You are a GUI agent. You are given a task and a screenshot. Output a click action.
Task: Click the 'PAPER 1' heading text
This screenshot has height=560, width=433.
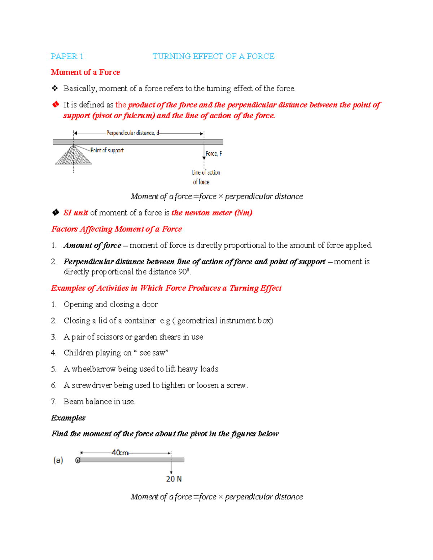pos(67,56)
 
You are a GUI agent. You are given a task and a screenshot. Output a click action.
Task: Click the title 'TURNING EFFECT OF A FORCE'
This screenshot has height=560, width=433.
pos(213,56)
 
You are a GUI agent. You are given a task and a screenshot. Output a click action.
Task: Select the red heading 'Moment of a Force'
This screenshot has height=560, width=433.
pos(85,72)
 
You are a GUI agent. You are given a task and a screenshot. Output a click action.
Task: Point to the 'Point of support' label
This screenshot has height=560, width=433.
pos(107,150)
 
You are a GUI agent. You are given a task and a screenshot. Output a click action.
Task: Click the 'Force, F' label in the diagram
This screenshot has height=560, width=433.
pos(214,154)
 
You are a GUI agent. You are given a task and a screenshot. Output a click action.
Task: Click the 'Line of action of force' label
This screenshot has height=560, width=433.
pos(206,177)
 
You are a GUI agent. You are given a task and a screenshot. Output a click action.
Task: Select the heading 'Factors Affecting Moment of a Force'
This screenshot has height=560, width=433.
pos(117,229)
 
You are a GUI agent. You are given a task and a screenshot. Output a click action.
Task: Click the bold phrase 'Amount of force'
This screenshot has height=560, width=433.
pos(92,246)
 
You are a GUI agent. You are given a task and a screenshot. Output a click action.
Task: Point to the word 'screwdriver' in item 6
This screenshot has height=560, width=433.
pos(92,385)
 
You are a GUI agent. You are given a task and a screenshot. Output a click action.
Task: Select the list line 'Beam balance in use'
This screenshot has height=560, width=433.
pos(99,401)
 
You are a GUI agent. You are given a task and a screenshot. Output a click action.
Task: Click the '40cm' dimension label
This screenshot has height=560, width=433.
pos(120,453)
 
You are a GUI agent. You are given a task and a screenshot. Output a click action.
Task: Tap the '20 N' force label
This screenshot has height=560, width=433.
pos(174,479)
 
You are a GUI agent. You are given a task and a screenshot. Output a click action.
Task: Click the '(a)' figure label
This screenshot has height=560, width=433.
pos(58,460)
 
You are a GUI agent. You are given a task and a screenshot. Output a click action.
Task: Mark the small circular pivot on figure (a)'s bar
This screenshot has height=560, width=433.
pos(78,460)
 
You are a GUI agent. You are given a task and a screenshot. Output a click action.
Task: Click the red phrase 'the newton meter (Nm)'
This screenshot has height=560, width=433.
pos(212,213)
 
